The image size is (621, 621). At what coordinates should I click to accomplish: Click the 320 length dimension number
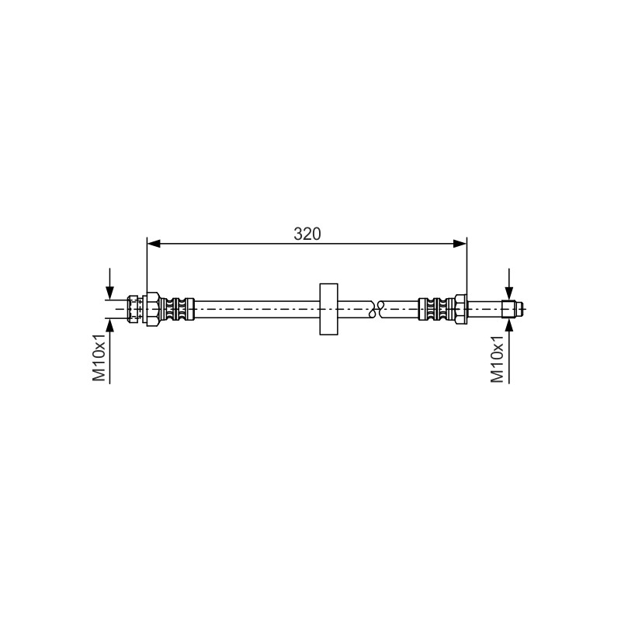pyautogui.click(x=307, y=234)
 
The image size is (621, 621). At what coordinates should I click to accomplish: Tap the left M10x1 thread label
pyautogui.click(x=99, y=357)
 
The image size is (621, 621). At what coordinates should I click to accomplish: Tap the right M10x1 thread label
pyautogui.click(x=498, y=359)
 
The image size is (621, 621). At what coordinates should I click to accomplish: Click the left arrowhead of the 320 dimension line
pyautogui.click(x=154, y=244)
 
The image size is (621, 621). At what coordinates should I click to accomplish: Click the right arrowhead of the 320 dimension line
pyautogui.click(x=460, y=244)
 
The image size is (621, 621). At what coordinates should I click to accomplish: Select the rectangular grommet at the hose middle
pyautogui.click(x=328, y=309)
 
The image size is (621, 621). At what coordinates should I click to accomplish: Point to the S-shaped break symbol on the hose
pyautogui.click(x=376, y=308)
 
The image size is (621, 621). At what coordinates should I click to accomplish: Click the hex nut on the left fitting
pyautogui.click(x=153, y=309)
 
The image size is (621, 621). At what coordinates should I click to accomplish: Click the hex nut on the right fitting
pyautogui.click(x=460, y=309)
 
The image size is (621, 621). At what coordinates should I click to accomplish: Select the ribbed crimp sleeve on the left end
pyautogui.click(x=177, y=309)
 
